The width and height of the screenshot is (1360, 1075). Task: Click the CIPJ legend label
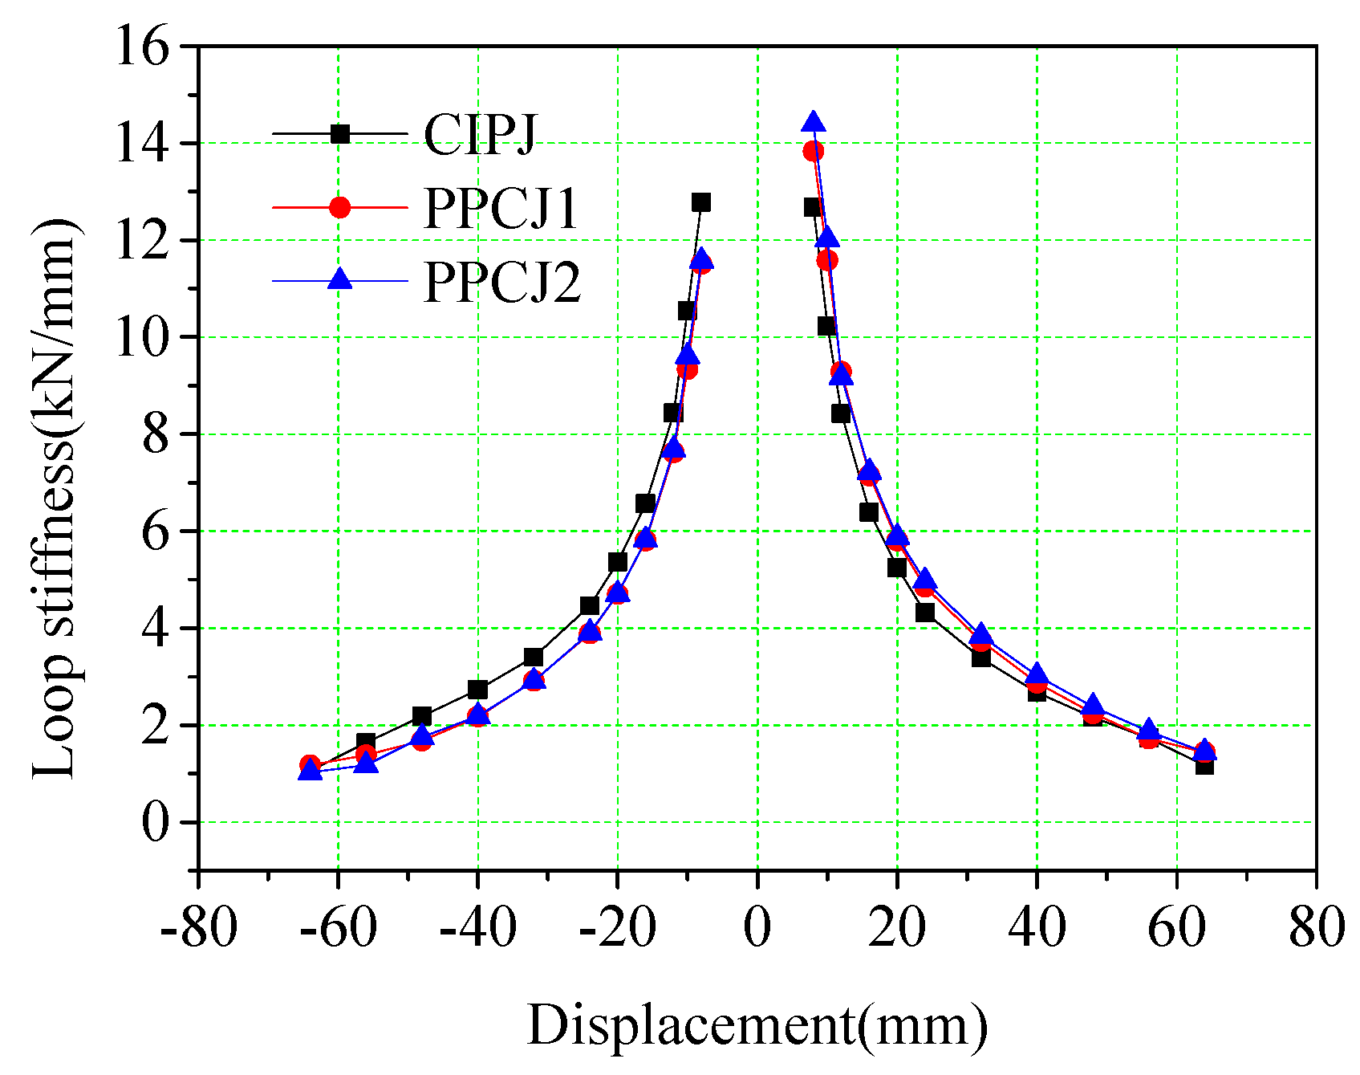coord(480,134)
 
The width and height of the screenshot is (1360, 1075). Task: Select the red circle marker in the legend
coord(340,207)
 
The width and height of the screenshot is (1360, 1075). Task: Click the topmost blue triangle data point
coord(814,122)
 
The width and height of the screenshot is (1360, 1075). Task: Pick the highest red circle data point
coord(814,151)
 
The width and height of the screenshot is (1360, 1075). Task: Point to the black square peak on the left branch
coord(701,202)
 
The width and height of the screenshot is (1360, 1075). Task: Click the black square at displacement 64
coord(1204,766)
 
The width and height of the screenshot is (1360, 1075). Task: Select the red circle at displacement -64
coord(310,764)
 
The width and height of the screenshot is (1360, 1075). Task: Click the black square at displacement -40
coord(478,690)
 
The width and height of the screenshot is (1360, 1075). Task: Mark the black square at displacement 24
coord(925,612)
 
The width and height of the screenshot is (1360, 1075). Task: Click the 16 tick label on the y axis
coord(142,47)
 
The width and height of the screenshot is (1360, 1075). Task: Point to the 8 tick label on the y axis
coord(156,434)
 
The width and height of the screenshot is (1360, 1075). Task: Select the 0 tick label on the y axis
coord(156,823)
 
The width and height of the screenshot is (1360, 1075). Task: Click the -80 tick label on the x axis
coord(198,928)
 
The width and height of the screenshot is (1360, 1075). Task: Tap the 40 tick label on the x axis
coord(1037,928)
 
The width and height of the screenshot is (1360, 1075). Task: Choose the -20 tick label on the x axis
coord(617,928)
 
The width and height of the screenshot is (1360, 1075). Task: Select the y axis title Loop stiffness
coord(56,498)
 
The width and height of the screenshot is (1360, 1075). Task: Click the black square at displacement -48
coord(422,716)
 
